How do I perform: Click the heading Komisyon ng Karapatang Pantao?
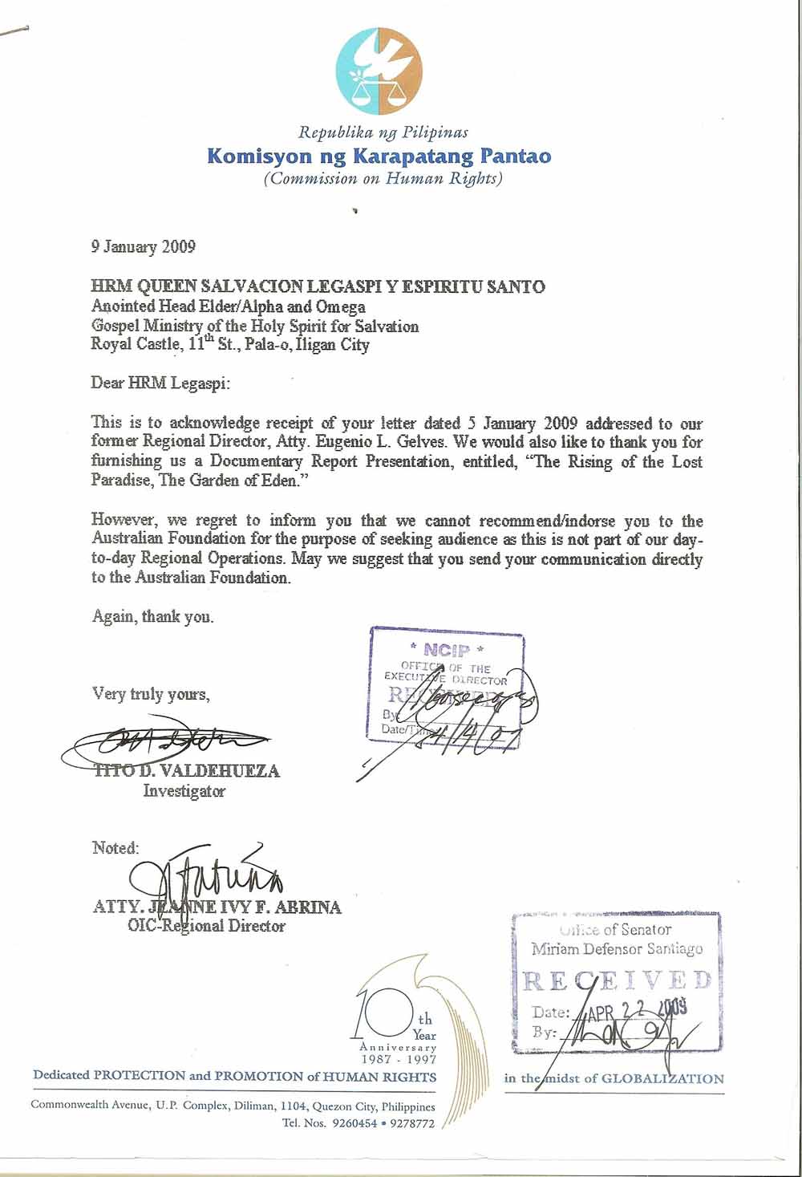379,155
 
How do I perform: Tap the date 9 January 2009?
143,246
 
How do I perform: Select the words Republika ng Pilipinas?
383,132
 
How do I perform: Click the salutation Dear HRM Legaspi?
160,383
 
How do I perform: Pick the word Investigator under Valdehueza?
184,791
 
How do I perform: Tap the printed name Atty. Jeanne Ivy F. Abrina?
217,907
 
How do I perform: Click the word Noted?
115,848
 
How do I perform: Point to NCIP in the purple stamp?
446,651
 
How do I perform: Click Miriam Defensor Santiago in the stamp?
616,949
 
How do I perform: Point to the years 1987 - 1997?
398,1059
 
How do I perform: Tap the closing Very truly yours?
151,694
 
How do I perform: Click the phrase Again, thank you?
152,617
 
